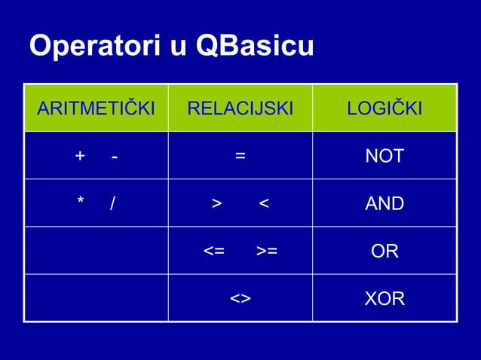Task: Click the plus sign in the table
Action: click(x=80, y=156)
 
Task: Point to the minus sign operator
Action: click(x=113, y=157)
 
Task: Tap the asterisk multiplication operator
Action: click(x=80, y=203)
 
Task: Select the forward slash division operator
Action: click(x=112, y=203)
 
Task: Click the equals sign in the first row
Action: click(x=240, y=157)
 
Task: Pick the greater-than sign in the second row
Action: click(x=216, y=203)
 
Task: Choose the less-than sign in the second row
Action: click(x=263, y=203)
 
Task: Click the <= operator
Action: click(x=214, y=251)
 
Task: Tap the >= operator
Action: click(x=266, y=251)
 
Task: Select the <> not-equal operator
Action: click(x=240, y=298)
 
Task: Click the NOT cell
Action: click(x=384, y=157)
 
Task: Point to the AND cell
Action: click(x=384, y=203)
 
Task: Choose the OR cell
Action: click(x=384, y=251)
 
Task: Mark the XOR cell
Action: click(x=384, y=298)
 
